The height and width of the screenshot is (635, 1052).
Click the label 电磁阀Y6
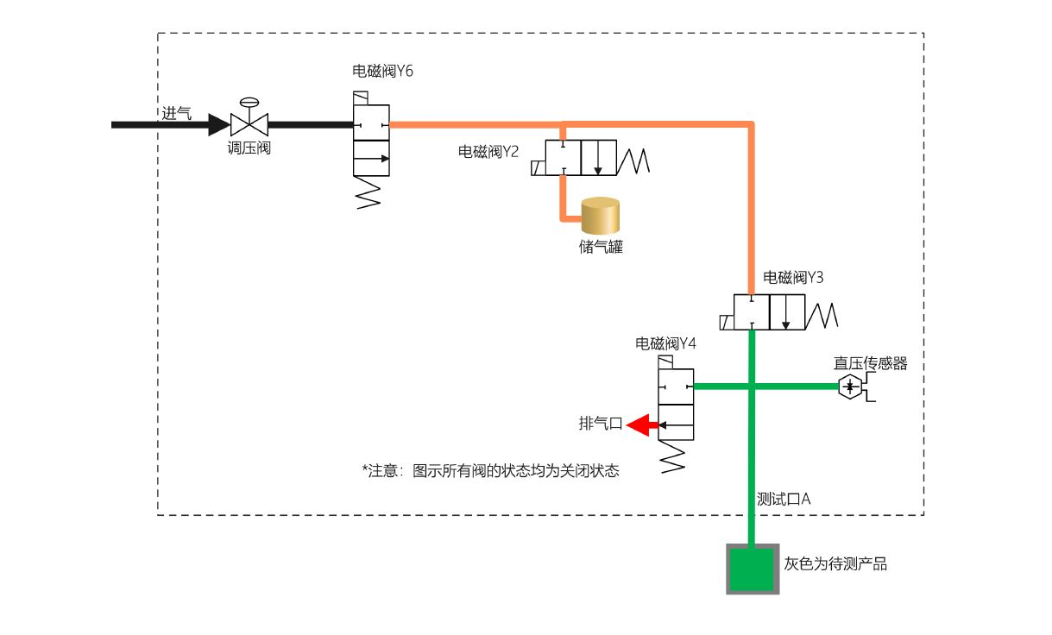382,72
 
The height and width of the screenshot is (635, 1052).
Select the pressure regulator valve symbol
249,123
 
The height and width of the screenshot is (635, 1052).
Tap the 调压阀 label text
249,148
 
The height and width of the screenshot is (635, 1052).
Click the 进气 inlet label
176,113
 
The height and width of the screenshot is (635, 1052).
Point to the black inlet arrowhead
219,124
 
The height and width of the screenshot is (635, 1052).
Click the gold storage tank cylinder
601,217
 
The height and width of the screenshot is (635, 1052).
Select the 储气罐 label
601,247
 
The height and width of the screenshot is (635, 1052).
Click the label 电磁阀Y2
488,152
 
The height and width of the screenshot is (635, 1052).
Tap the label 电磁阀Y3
793,278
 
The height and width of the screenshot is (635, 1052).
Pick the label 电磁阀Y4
665,343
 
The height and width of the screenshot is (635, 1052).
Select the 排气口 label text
600,424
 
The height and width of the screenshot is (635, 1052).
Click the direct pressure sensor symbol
850,387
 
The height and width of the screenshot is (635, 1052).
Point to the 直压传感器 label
870,364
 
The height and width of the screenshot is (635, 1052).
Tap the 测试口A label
783,499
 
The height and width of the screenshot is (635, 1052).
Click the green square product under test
753,569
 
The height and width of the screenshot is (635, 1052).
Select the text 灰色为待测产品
835,564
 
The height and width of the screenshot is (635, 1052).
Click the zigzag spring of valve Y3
822,312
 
